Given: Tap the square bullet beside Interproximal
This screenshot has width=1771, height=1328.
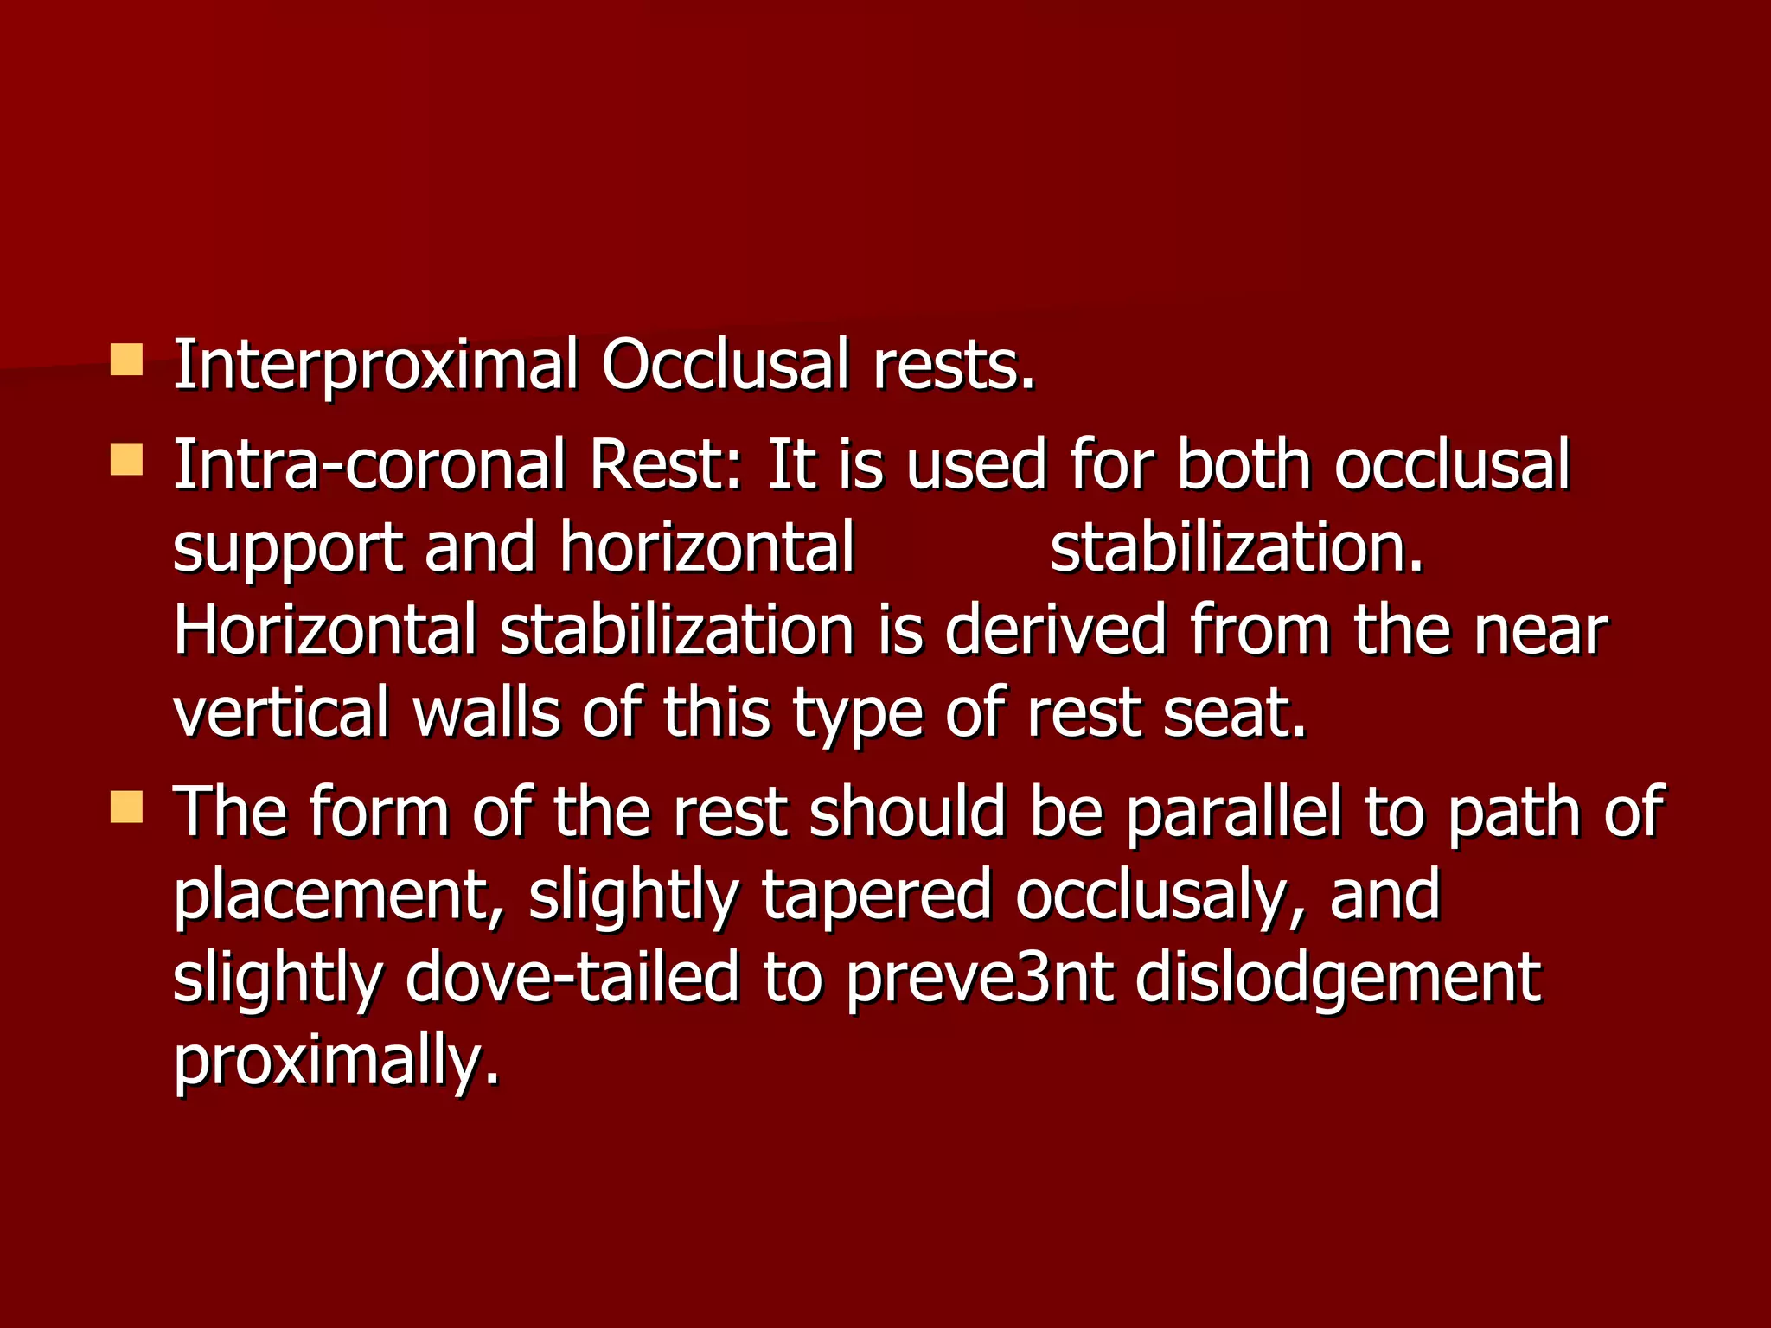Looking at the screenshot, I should [x=126, y=360].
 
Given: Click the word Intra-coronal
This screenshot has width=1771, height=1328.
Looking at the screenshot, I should [x=369, y=465].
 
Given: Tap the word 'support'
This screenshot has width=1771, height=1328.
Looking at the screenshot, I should [x=288, y=550].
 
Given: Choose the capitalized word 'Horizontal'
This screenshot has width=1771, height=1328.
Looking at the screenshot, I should [x=324, y=631].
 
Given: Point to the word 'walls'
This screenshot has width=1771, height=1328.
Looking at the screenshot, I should [x=486, y=714].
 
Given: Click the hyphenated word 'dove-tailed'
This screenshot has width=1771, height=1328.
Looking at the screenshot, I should [x=572, y=979].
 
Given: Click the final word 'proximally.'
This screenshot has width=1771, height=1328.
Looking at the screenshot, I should [x=336, y=1062].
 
